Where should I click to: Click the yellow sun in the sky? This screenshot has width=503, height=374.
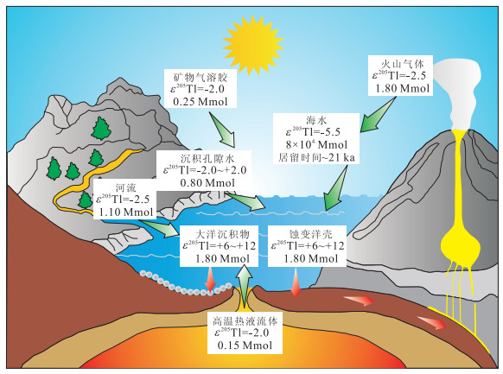(x=253, y=46)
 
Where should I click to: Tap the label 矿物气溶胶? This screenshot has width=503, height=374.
(x=201, y=77)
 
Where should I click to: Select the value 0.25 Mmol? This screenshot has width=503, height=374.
(x=201, y=102)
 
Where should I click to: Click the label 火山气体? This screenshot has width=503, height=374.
(x=402, y=64)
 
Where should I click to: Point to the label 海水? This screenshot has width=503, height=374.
(x=316, y=120)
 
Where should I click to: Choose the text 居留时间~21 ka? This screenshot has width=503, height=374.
(x=316, y=158)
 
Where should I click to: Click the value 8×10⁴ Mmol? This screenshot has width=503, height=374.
(x=316, y=144)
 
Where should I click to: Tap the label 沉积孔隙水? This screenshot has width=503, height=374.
(x=207, y=158)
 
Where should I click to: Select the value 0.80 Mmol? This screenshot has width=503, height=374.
(x=207, y=182)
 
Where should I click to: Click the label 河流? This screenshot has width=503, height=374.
(x=126, y=187)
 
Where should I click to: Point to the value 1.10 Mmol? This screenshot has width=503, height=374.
(x=126, y=212)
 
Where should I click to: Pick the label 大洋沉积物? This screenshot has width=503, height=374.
(x=222, y=234)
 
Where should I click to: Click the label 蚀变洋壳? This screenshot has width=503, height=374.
(x=310, y=234)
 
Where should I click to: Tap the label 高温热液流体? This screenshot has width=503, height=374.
(x=245, y=320)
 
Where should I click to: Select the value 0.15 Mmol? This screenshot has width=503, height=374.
(x=245, y=345)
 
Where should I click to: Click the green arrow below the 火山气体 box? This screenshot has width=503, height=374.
(x=378, y=115)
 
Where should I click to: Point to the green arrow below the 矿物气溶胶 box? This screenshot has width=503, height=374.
(x=222, y=130)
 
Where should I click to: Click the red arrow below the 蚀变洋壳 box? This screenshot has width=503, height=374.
(x=296, y=282)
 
